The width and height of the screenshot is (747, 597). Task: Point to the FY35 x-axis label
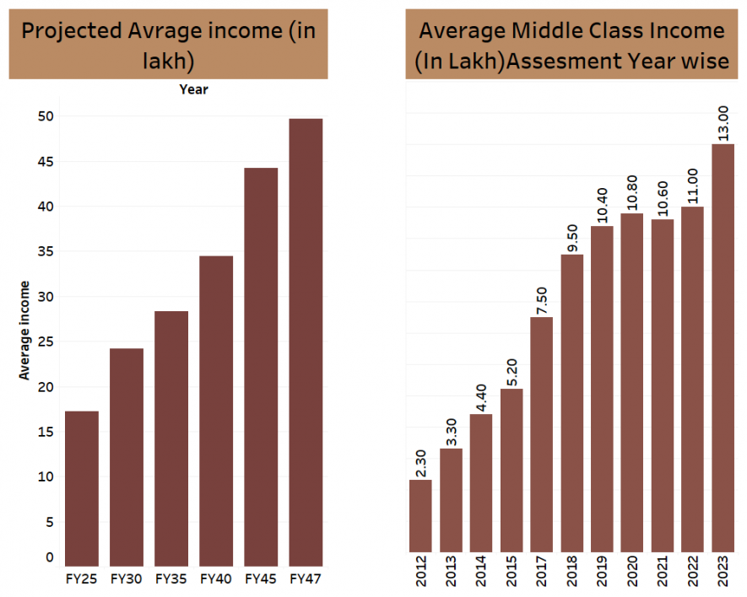pyautogui.click(x=171, y=579)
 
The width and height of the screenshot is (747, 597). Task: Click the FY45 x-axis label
pyautogui.click(x=261, y=579)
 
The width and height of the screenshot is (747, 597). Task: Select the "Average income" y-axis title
pyautogui.click(x=24, y=330)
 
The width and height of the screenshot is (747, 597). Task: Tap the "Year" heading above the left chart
pyautogui.click(x=193, y=89)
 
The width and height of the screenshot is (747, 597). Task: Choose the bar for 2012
pyautogui.click(x=420, y=515)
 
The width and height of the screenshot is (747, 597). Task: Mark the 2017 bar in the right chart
pyautogui.click(x=542, y=434)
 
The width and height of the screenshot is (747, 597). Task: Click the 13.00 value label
pyautogui.click(x=723, y=122)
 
